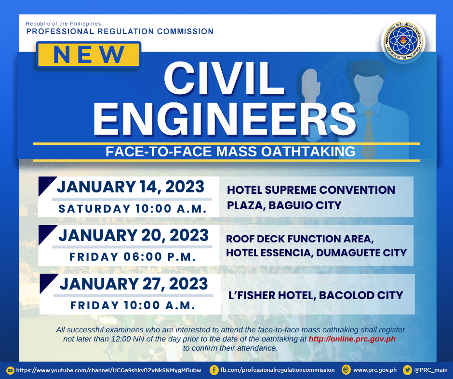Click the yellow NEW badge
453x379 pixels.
tap(89, 54)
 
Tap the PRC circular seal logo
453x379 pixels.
tap(403, 41)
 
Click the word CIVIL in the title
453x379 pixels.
tap(224, 79)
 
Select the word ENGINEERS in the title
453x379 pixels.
tap(225, 119)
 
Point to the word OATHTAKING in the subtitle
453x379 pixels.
tap(308, 152)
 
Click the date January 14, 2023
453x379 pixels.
tap(131, 187)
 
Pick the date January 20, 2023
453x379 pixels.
tap(133, 235)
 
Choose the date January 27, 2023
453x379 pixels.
tap(134, 284)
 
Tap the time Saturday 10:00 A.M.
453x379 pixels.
tap(133, 209)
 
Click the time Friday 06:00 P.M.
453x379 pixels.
tap(133, 257)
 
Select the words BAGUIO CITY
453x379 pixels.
tap(305, 205)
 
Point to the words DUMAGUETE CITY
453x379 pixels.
tap(361, 253)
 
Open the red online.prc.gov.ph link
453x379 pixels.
tap(352, 339)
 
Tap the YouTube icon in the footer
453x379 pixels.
tap(10, 370)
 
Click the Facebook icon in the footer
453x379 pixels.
tap(214, 370)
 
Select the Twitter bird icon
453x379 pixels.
tap(407, 370)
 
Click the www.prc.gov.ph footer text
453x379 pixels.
tap(375, 370)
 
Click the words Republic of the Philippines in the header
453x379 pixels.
tap(63, 24)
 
